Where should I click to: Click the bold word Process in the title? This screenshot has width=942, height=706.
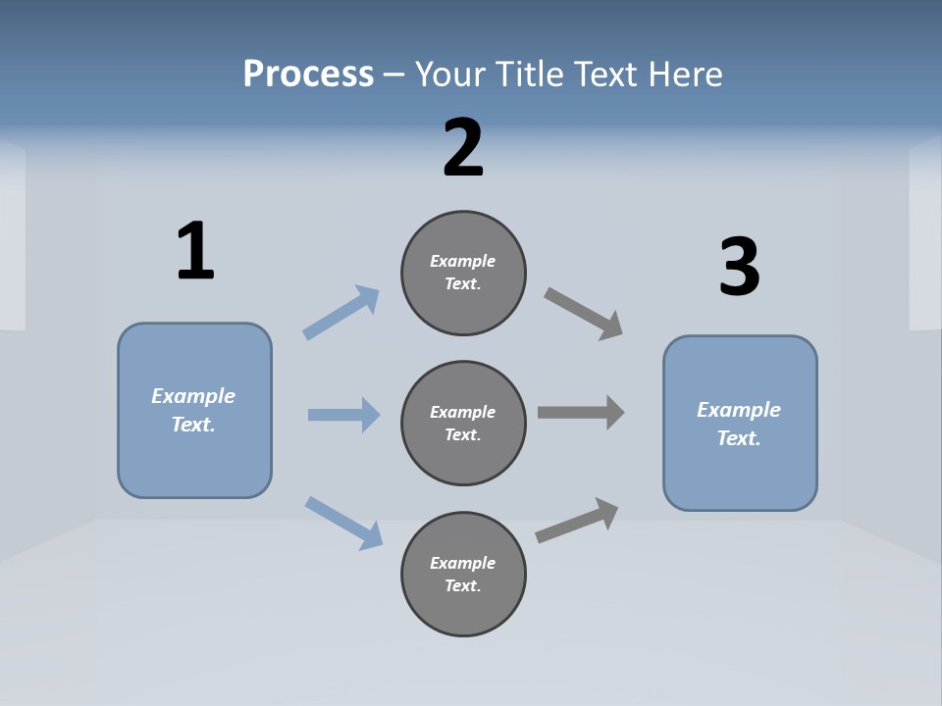tap(308, 75)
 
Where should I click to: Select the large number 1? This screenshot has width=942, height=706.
tap(195, 252)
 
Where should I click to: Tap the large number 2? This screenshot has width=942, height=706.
tap(463, 149)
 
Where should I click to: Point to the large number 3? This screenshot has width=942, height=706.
tap(739, 267)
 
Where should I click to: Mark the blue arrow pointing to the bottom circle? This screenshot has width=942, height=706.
tap(344, 522)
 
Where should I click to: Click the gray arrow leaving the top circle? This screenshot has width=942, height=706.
tap(583, 313)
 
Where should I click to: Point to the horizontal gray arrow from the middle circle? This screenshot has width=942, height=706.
tap(581, 413)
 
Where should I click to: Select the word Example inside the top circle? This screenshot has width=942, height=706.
tap(462, 261)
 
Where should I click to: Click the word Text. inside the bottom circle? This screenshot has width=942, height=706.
tap(462, 586)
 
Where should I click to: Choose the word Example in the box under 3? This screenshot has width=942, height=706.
tap(739, 410)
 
